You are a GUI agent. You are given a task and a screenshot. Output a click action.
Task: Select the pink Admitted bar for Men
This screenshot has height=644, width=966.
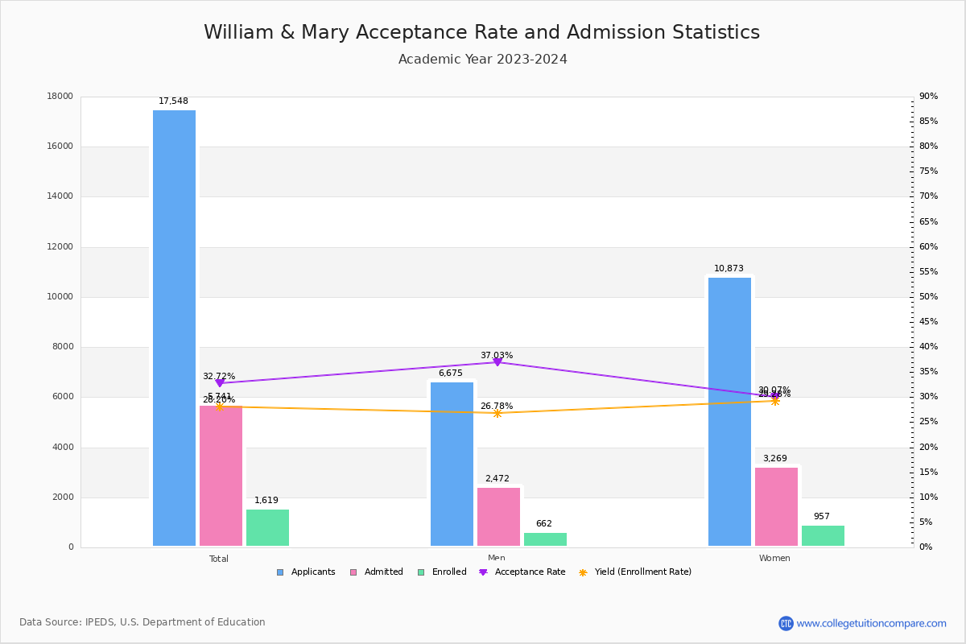click(x=498, y=517)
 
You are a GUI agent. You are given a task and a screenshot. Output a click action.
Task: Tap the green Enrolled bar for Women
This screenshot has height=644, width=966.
click(x=823, y=536)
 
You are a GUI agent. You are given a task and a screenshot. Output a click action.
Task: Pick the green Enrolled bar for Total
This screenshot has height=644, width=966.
click(x=267, y=528)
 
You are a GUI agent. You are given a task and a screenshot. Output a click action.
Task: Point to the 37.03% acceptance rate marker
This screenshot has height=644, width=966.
click(x=497, y=362)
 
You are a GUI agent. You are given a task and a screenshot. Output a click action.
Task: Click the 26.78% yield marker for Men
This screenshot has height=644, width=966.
click(x=497, y=413)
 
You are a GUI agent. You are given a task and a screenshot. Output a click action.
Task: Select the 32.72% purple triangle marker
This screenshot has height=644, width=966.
click(x=220, y=383)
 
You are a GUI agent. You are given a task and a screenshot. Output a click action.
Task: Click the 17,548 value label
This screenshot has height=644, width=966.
click(x=173, y=101)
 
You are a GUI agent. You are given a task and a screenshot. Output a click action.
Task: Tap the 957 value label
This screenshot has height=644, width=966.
click(x=821, y=517)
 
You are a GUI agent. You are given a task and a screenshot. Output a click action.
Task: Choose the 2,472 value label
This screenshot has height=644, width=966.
click(x=497, y=479)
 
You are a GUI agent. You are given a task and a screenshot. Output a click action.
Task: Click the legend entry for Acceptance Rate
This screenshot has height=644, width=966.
click(x=522, y=572)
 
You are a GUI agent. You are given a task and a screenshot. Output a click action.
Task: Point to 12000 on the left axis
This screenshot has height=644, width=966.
click(x=60, y=247)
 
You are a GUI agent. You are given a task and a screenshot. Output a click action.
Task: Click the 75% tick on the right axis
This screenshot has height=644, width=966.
click(x=928, y=171)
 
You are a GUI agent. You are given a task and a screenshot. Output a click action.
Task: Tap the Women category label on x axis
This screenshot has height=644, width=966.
click(x=774, y=559)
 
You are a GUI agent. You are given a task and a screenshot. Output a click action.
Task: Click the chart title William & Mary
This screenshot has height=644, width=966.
click(x=481, y=33)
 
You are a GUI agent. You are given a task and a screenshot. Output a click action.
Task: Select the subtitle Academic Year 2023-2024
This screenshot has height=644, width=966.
click(x=482, y=60)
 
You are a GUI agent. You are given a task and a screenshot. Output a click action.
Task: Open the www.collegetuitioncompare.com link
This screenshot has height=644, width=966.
click(x=871, y=623)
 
